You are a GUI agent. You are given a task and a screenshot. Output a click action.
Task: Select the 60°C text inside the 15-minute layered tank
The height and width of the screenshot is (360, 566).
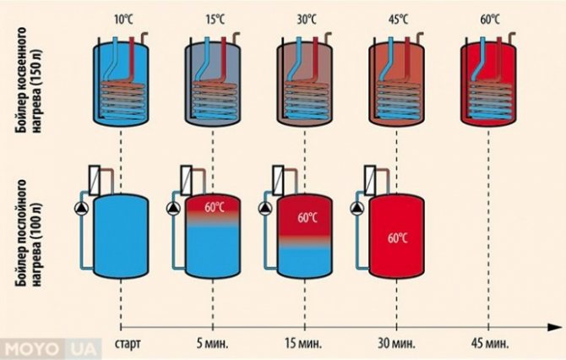pyautogui.click(x=307, y=217)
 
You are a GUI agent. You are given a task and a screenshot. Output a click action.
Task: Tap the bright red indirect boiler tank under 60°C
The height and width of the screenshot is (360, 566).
pyautogui.click(x=487, y=85)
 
